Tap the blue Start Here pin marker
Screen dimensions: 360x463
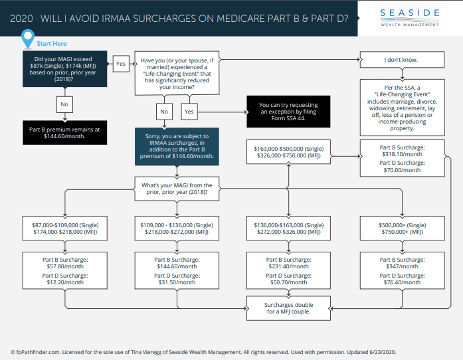tap(27, 40)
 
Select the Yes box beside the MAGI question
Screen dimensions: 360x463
tap(121, 64)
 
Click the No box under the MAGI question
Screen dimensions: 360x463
tap(64, 104)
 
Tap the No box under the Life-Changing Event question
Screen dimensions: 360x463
tap(164, 111)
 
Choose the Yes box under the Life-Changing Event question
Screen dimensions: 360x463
tap(189, 111)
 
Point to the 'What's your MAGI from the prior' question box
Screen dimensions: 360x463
tap(175, 188)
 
